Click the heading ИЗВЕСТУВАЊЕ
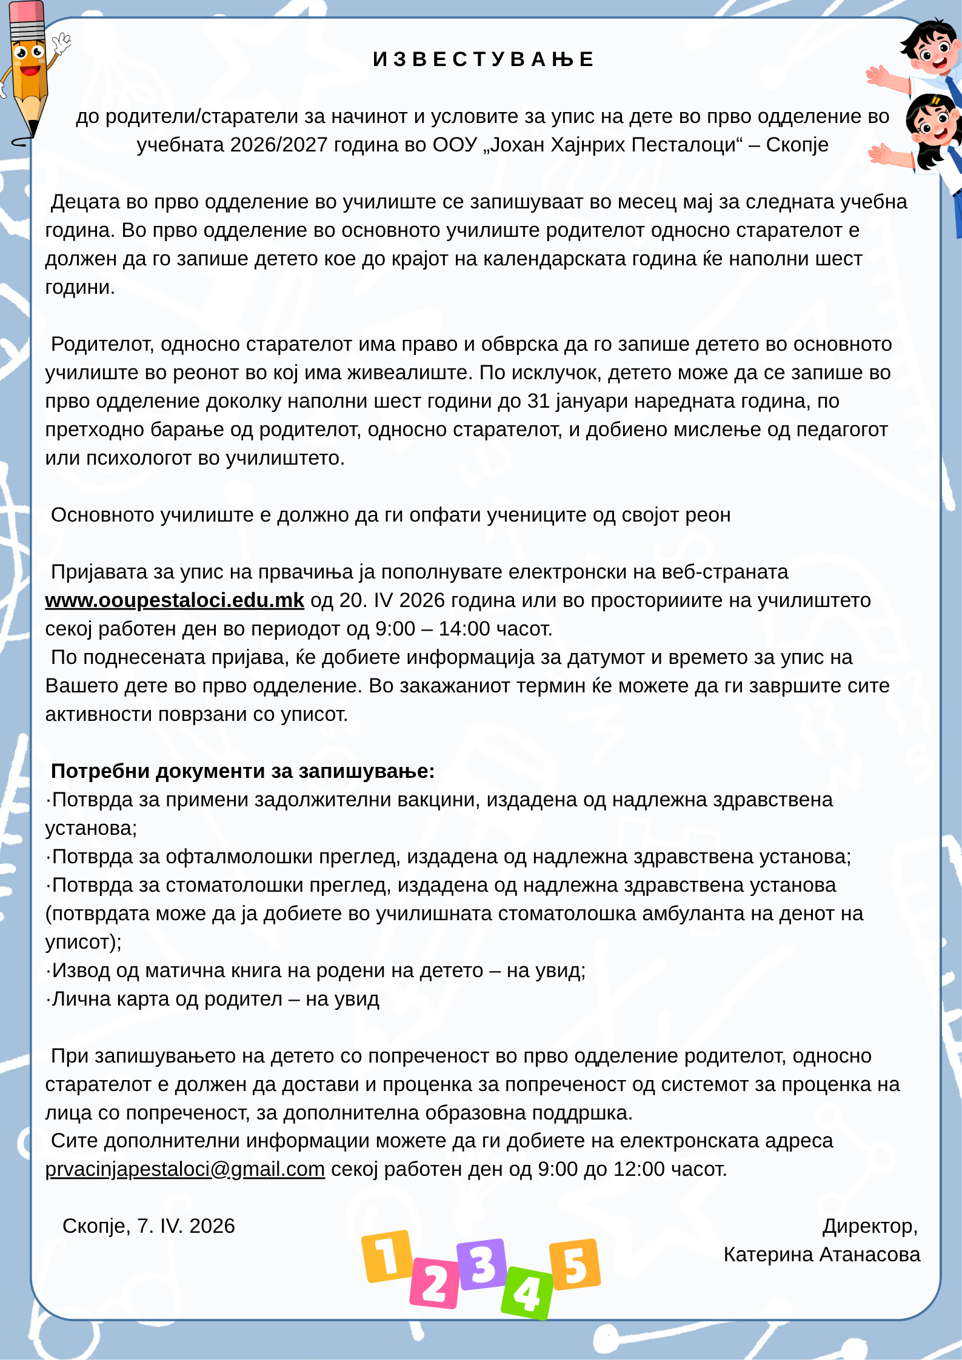[483, 59]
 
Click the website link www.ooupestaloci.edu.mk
[175, 600]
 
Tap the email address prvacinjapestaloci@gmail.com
[185, 1169]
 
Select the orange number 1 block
[387, 1256]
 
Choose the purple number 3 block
[482, 1264]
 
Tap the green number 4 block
[527, 1293]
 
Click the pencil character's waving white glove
[61, 44]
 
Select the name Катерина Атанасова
[821, 1254]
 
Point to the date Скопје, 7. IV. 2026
[149, 1226]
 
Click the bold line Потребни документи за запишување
[242, 771]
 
